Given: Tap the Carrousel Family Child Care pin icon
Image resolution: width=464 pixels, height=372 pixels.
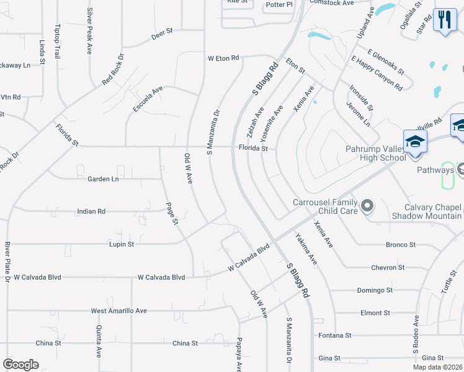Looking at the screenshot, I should pyautogui.click(x=367, y=205).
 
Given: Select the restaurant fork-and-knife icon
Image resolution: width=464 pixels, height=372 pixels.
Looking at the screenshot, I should pyautogui.click(x=444, y=19).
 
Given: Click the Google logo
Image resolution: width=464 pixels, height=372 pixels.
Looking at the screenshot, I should pyautogui.click(x=20, y=364).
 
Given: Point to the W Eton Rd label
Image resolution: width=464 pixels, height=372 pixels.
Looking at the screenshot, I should pyautogui.click(x=223, y=58).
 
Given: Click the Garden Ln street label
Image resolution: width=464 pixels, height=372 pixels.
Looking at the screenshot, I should pyautogui.click(x=103, y=179).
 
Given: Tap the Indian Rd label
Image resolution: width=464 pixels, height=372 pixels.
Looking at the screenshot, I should pyautogui.click(x=91, y=211).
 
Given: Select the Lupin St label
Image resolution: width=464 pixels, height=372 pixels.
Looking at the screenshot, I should pyautogui.click(x=122, y=244).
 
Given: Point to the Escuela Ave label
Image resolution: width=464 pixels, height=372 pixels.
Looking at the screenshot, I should pyautogui.click(x=148, y=99).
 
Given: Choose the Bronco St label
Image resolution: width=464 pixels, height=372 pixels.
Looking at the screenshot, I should pyautogui.click(x=401, y=245).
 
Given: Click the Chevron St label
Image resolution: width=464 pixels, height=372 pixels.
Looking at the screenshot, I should pyautogui.click(x=388, y=267).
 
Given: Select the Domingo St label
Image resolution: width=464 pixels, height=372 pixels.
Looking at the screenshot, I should pyautogui.click(x=375, y=290).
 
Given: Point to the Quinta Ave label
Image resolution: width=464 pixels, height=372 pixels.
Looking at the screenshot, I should pyautogui.click(x=98, y=343).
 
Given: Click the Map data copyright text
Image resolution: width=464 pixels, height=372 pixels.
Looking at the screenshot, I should pyautogui.click(x=437, y=367).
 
